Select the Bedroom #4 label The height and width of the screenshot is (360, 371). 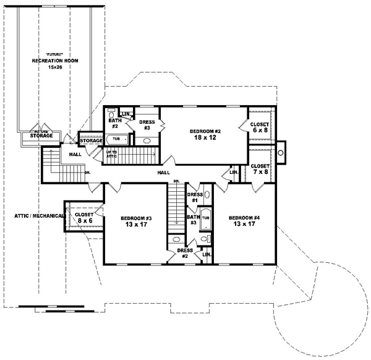click(x=244, y=221)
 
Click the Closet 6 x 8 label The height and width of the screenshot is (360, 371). click(x=259, y=127)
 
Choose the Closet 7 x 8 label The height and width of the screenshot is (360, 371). click(x=259, y=169)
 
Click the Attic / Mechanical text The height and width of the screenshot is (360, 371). click(x=36, y=216)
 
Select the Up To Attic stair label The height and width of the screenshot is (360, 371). click(x=112, y=155)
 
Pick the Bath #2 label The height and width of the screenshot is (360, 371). click(x=114, y=124)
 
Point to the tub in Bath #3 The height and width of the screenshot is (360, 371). click(x=207, y=220)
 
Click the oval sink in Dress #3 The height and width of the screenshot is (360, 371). click(x=148, y=141)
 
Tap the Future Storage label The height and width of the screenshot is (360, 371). click(x=42, y=134)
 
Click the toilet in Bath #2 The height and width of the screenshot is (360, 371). click(x=112, y=113)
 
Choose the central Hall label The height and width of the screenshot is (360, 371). click(x=164, y=173)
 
